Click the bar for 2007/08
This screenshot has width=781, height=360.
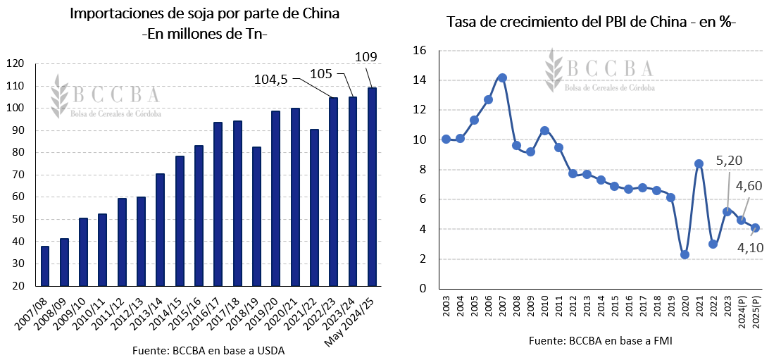point(45,266)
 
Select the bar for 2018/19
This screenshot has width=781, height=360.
point(256,216)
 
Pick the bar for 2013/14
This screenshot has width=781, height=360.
point(161,230)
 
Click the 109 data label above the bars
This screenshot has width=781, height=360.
point(366,57)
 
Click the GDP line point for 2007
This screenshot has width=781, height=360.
point(502,77)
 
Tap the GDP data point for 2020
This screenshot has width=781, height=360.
point(685,254)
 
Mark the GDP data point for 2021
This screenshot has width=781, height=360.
point(699,163)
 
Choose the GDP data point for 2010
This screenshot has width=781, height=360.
point(544,130)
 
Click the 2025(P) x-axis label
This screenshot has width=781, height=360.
point(756,311)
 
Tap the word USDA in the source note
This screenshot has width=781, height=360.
point(270,350)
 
